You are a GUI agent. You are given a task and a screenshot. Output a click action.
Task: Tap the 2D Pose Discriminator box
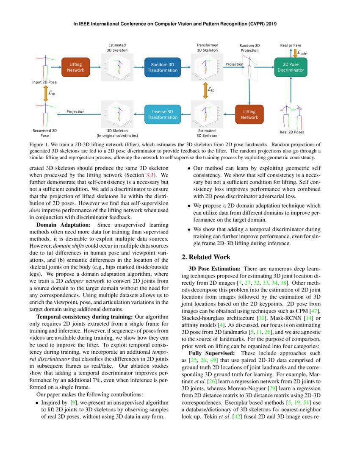(x=291, y=67)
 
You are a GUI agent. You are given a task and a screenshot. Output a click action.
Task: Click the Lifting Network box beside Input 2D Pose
(x=76, y=67)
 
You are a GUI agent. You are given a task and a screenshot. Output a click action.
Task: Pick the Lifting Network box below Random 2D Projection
(x=249, y=114)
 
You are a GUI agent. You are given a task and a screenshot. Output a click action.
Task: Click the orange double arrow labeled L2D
(x=46, y=93)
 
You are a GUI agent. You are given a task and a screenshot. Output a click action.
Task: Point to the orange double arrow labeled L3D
(x=205, y=90)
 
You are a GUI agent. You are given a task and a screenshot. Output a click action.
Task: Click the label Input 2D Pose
(x=44, y=82)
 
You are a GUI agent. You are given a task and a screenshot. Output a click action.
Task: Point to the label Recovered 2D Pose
(x=44, y=133)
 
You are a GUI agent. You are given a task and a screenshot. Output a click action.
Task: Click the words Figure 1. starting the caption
(x=39, y=145)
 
